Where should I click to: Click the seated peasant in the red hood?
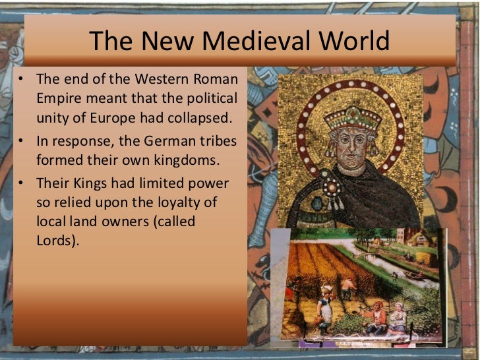[378, 317]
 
